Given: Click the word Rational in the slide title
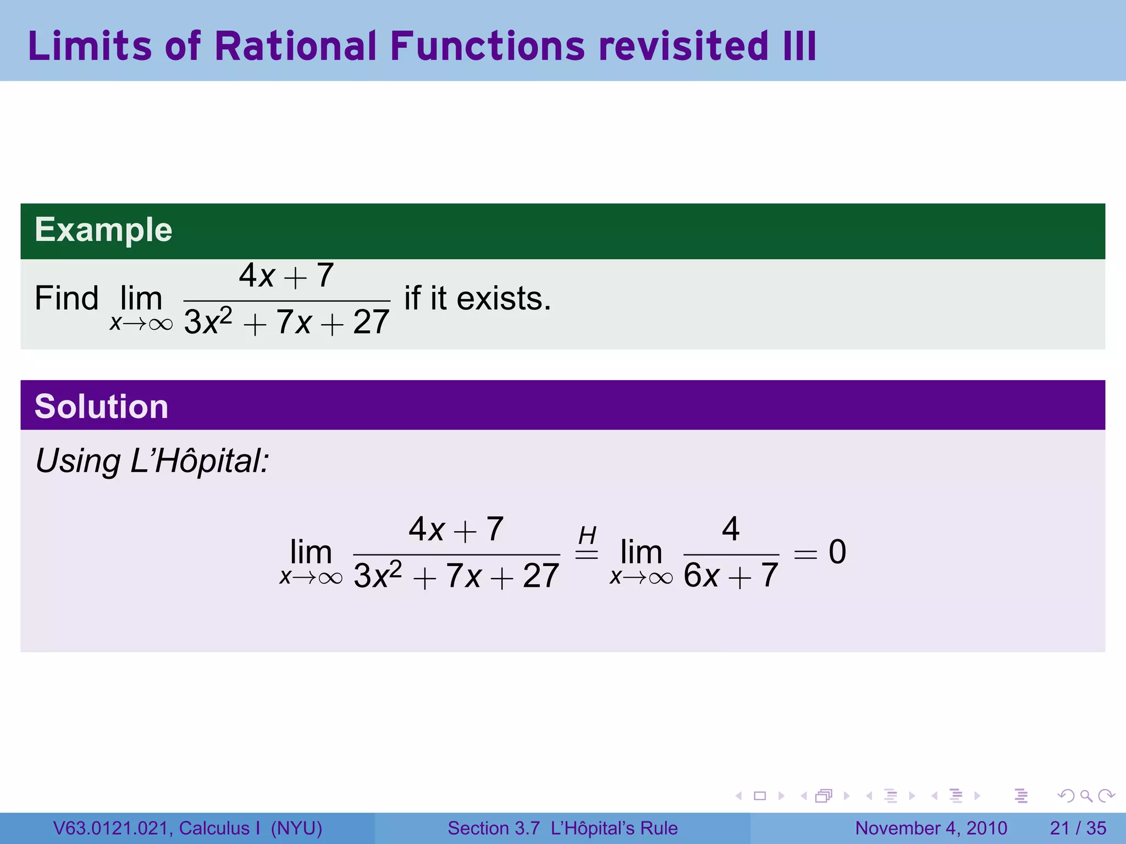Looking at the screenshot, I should click(296, 46).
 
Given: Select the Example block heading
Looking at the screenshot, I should click(103, 230).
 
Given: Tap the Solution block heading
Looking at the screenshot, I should click(101, 407).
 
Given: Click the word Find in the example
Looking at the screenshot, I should click(67, 298).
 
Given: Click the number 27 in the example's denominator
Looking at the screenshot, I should click(371, 322).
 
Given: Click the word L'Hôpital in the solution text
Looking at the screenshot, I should click(199, 460).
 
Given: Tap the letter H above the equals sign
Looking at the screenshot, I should click(587, 535).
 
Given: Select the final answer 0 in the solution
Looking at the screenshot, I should click(837, 552).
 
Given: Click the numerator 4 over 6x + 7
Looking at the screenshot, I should click(731, 529).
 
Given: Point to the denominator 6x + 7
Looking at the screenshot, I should click(731, 576).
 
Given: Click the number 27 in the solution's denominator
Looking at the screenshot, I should click(541, 576).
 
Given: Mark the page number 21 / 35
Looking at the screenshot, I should click(1078, 828).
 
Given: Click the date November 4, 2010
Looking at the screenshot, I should click(931, 828).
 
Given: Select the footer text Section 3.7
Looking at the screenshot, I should click(493, 828).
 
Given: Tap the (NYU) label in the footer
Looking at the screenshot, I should click(296, 828).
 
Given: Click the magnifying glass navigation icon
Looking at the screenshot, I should click(1086, 796).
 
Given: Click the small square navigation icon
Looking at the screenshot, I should click(760, 796).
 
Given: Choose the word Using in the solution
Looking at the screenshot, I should click(78, 460).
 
